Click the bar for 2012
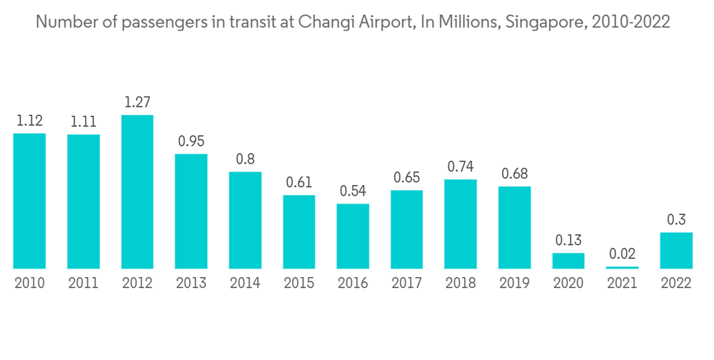137,191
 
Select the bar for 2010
29,201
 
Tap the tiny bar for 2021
622,267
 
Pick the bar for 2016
353,236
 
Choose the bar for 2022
676,250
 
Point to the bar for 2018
461,224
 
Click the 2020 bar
568,261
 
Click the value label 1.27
137,103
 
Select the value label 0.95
191,141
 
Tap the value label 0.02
622,254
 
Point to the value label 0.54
353,191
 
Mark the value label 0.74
461,167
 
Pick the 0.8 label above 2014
245,159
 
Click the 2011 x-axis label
84,284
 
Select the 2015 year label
298,284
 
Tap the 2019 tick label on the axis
514,284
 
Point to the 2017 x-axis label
406,284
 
